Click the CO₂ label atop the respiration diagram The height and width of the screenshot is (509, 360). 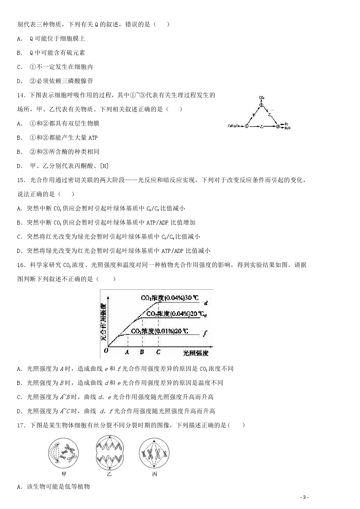[261, 98]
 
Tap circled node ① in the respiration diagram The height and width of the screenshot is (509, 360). [247, 126]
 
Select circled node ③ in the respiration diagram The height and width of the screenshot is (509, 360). [278, 126]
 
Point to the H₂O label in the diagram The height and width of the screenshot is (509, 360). [287, 128]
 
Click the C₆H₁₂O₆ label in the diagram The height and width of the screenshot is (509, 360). [235, 126]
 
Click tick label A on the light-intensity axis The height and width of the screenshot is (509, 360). [127, 352]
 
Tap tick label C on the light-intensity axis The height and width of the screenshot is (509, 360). [158, 352]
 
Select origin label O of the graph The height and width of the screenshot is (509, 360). [106, 350]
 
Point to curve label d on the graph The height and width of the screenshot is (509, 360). [206, 303]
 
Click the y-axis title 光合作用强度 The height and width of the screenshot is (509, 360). [104, 322]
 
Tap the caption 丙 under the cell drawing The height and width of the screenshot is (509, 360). [155, 474]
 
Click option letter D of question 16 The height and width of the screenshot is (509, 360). [20, 411]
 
